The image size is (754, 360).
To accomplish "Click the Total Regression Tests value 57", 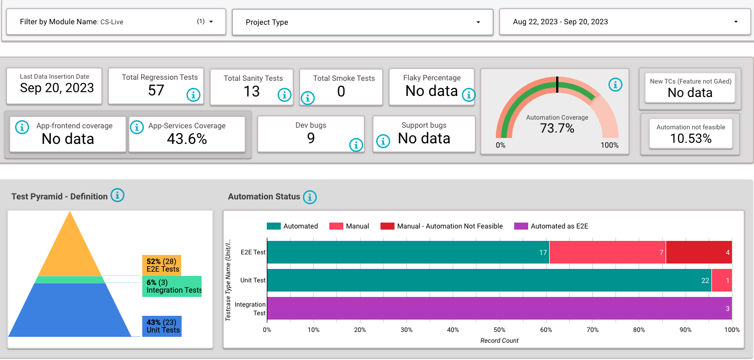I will [156, 90].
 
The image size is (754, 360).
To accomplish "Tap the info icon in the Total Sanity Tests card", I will [284, 95].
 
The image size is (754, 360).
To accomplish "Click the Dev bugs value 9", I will [310, 139].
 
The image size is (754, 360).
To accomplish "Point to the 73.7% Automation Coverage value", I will [557, 128].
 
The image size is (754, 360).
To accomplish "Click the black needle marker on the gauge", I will [557, 85].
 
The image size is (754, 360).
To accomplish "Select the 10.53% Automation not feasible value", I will [690, 139].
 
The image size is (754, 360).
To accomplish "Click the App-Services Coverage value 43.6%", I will [186, 139].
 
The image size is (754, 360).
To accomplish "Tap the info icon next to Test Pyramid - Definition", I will [117, 196].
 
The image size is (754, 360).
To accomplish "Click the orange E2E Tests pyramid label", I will [162, 265].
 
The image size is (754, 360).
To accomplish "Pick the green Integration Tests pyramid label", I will [172, 286].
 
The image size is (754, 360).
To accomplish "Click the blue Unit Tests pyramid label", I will [162, 326].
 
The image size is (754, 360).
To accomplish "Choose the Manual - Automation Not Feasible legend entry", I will [441, 226].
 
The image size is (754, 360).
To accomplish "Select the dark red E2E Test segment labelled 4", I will [698, 252].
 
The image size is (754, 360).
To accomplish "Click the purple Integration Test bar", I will [499, 308].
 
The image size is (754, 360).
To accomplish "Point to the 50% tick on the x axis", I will [499, 330].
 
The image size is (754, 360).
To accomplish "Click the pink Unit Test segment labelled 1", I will [722, 280].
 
